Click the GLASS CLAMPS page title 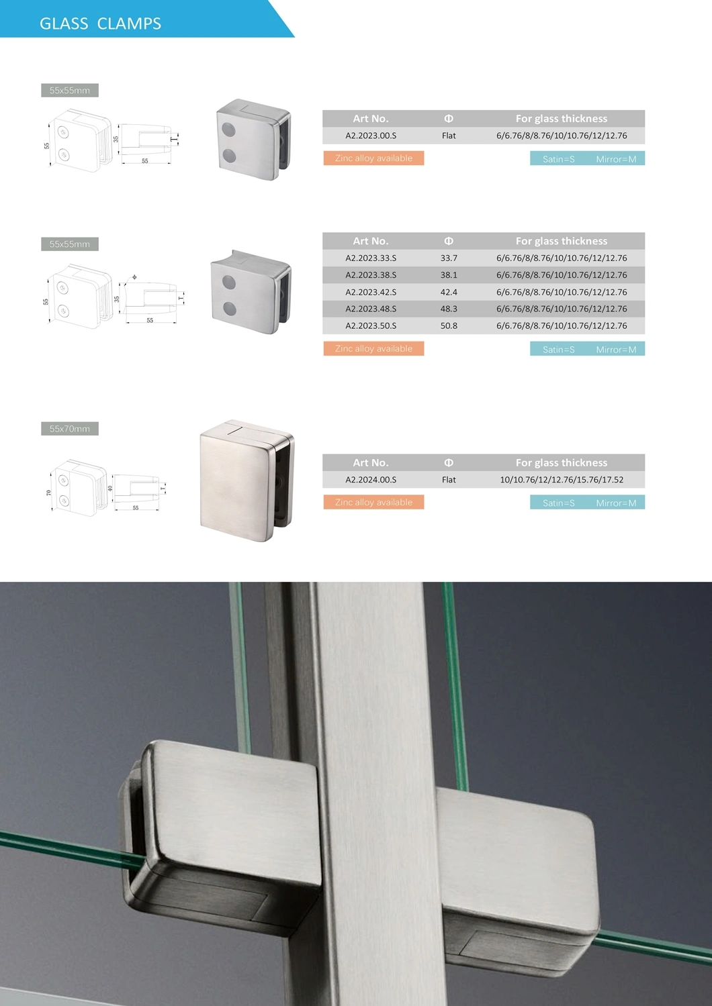(100, 23)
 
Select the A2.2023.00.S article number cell (371, 136)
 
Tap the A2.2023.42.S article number (371, 292)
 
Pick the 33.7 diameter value (449, 258)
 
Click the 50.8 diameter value (449, 325)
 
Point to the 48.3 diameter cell (449, 309)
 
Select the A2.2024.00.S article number (371, 480)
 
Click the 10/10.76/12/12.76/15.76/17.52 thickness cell (562, 480)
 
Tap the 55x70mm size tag (70, 429)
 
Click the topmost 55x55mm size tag (70, 91)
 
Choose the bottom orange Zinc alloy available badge (373, 502)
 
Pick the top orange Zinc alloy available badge (373, 158)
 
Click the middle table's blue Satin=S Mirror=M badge (587, 349)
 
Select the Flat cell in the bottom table (449, 480)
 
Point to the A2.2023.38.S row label (371, 274)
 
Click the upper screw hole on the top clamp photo (229, 128)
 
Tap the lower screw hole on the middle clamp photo (229, 309)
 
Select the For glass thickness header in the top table (562, 119)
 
